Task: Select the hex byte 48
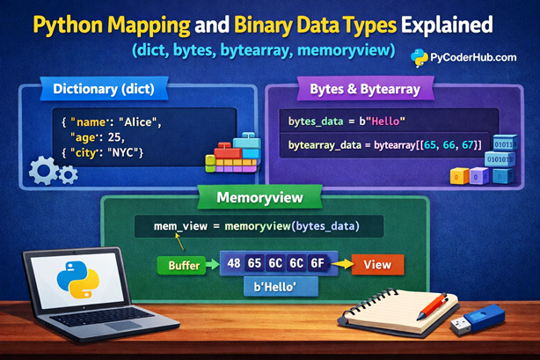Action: point(235,263)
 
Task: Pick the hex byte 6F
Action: point(317,263)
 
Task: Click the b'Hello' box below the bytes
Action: point(275,289)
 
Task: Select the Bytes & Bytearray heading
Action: point(361,88)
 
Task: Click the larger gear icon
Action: point(44,170)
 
